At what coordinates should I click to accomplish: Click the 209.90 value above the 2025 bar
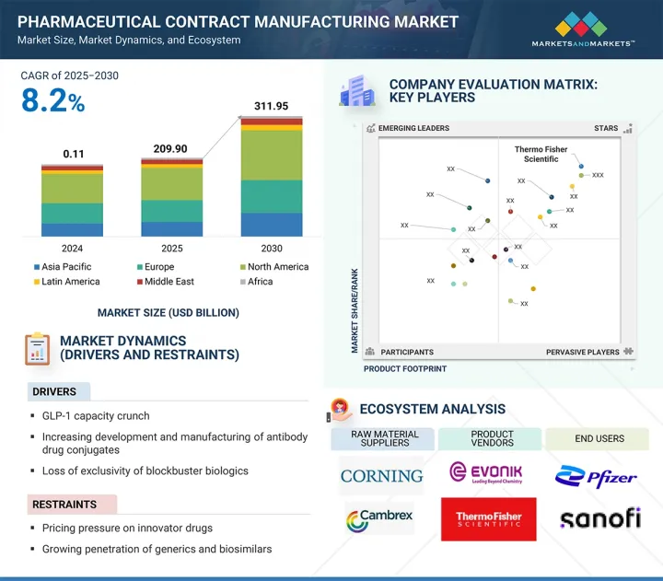(171, 148)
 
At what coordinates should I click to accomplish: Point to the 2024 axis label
(72, 249)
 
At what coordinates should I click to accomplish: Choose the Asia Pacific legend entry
(66, 267)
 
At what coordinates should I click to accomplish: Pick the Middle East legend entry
(169, 282)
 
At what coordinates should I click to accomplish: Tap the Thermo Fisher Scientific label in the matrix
(541, 154)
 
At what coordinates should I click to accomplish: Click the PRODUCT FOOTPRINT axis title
(405, 369)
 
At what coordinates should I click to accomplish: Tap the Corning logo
(381, 476)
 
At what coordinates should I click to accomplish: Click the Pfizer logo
(596, 476)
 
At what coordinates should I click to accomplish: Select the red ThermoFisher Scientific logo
(489, 517)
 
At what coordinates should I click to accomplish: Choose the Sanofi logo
(599, 518)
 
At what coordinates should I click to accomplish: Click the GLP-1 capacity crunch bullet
(96, 416)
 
